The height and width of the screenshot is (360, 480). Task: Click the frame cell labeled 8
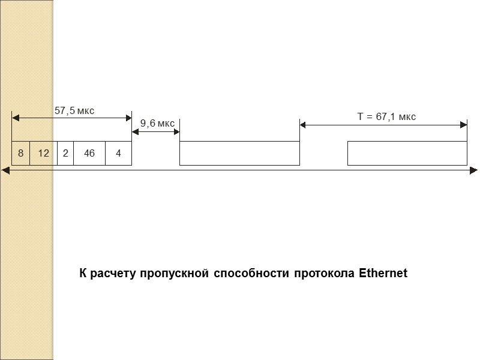coord(20,153)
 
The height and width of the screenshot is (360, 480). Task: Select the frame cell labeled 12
coord(43,153)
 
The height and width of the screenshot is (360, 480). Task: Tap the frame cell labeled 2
coord(65,153)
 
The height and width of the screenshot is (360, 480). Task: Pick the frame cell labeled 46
coord(89,153)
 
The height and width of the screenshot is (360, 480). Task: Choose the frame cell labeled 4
coord(118,153)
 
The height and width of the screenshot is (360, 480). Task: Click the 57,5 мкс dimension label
coord(74,111)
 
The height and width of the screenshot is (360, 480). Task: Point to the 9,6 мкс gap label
coord(157,124)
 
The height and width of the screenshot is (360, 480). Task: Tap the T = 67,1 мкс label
coord(386,117)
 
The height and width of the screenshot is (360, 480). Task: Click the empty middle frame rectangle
coord(239,153)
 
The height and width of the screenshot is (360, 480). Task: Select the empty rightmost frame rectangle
coord(407,153)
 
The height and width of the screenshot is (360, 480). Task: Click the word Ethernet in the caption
coord(383,274)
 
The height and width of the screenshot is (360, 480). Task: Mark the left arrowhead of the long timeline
coord(6,170)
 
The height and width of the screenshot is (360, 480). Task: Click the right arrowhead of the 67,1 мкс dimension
coord(464,125)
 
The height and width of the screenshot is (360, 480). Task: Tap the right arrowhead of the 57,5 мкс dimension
coord(128,116)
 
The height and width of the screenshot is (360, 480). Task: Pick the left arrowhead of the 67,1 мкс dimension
coord(303,125)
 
